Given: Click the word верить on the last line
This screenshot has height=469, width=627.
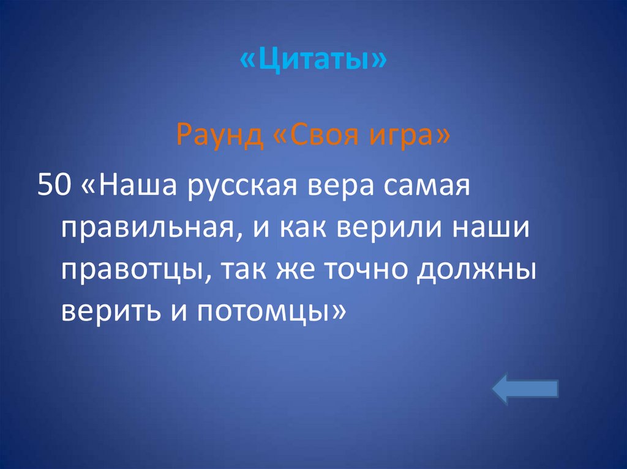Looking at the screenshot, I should [107, 312].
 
